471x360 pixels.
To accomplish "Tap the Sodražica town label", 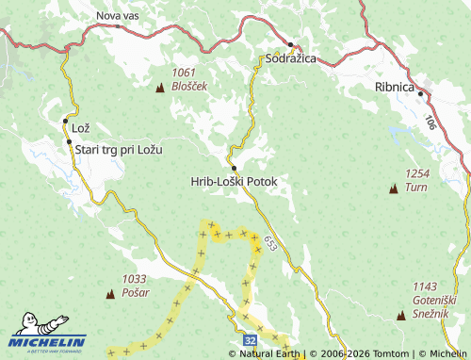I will click(289, 58).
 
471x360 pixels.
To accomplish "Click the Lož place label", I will click(80, 127).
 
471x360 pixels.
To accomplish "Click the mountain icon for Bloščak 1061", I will click(159, 88).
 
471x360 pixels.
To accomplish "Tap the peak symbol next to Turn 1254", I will click(393, 189).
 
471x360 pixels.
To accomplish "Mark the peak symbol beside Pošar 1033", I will click(110, 294).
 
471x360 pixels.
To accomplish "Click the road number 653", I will click(271, 242).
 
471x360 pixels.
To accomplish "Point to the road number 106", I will click(430, 123).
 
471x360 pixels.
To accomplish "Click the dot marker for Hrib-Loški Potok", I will click(233, 168).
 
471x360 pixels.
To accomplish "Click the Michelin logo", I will click(48, 341).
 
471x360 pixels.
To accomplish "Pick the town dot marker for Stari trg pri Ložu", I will click(69, 142).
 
